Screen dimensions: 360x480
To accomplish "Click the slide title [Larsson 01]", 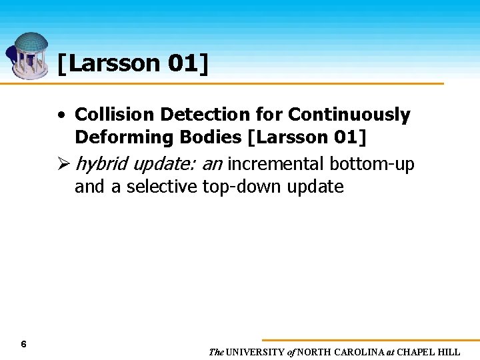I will click(x=132, y=64).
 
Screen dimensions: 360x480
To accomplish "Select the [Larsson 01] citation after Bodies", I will click(x=307, y=137).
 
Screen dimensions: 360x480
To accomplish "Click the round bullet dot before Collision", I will click(x=61, y=115).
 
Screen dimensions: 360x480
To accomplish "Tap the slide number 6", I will click(x=23, y=344).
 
